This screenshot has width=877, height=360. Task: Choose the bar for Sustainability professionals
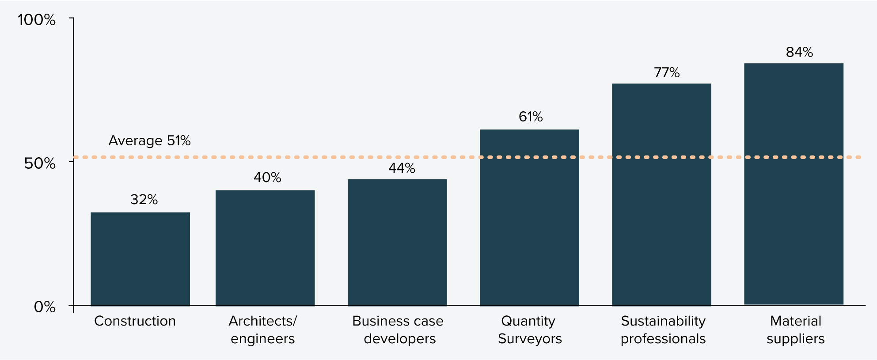tap(661, 194)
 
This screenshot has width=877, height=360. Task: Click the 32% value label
tap(144, 200)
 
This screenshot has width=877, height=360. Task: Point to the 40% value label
tap(267, 178)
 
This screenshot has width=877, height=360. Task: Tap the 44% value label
tap(402, 168)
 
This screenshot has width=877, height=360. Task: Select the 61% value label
tap(531, 117)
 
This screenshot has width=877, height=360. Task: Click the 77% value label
tap(667, 72)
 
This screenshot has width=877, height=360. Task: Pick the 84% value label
tap(799, 53)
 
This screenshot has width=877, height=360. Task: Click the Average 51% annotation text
tap(149, 140)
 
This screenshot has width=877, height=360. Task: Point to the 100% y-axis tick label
tap(37, 20)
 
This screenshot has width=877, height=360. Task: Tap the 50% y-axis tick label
tap(40, 163)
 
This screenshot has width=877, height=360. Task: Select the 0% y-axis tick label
tap(45, 307)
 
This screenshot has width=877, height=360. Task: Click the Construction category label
tap(135, 321)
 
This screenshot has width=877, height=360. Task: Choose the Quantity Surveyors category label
tap(529, 330)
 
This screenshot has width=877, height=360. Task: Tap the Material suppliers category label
tap(795, 330)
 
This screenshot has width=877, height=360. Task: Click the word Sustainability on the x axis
tap(663, 321)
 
